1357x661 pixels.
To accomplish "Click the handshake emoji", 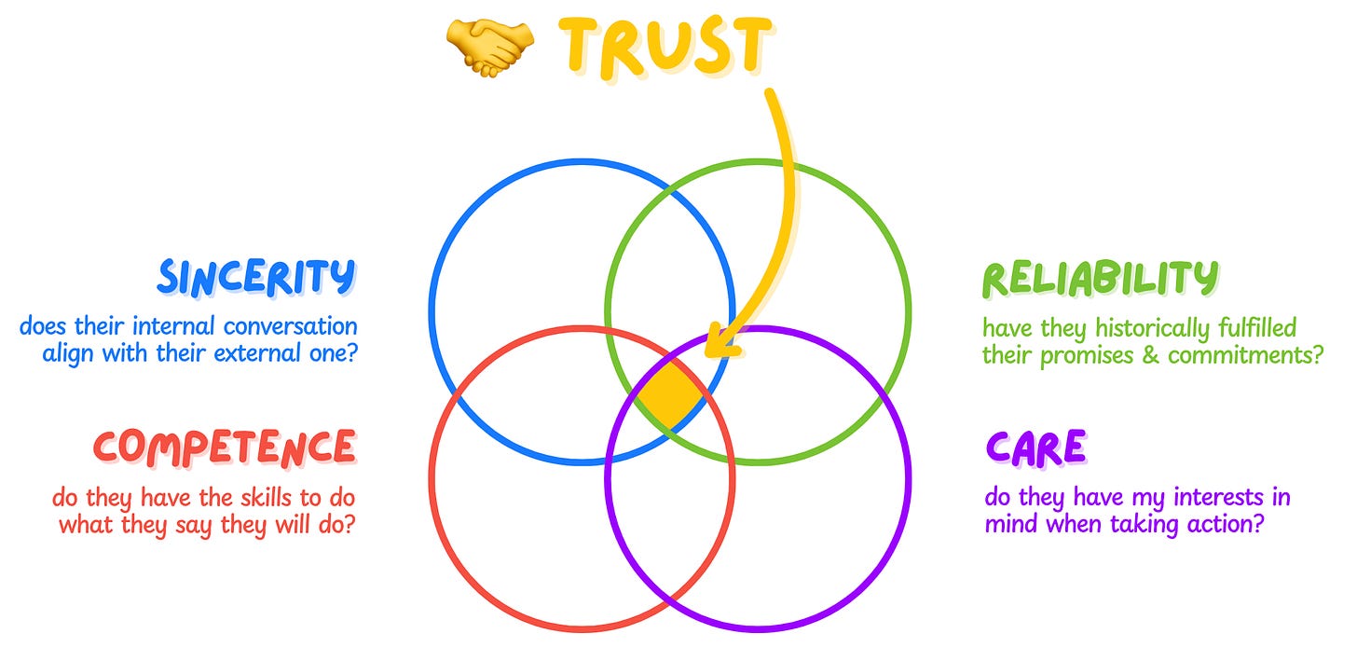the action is click(490, 47).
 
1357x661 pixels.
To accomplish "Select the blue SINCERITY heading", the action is click(257, 277).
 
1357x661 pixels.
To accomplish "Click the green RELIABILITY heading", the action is click(1101, 278).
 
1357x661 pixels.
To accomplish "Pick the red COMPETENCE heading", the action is click(225, 447).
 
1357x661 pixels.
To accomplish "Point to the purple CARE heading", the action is click(1035, 448).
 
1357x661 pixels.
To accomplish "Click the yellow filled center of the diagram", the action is click(671, 394).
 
